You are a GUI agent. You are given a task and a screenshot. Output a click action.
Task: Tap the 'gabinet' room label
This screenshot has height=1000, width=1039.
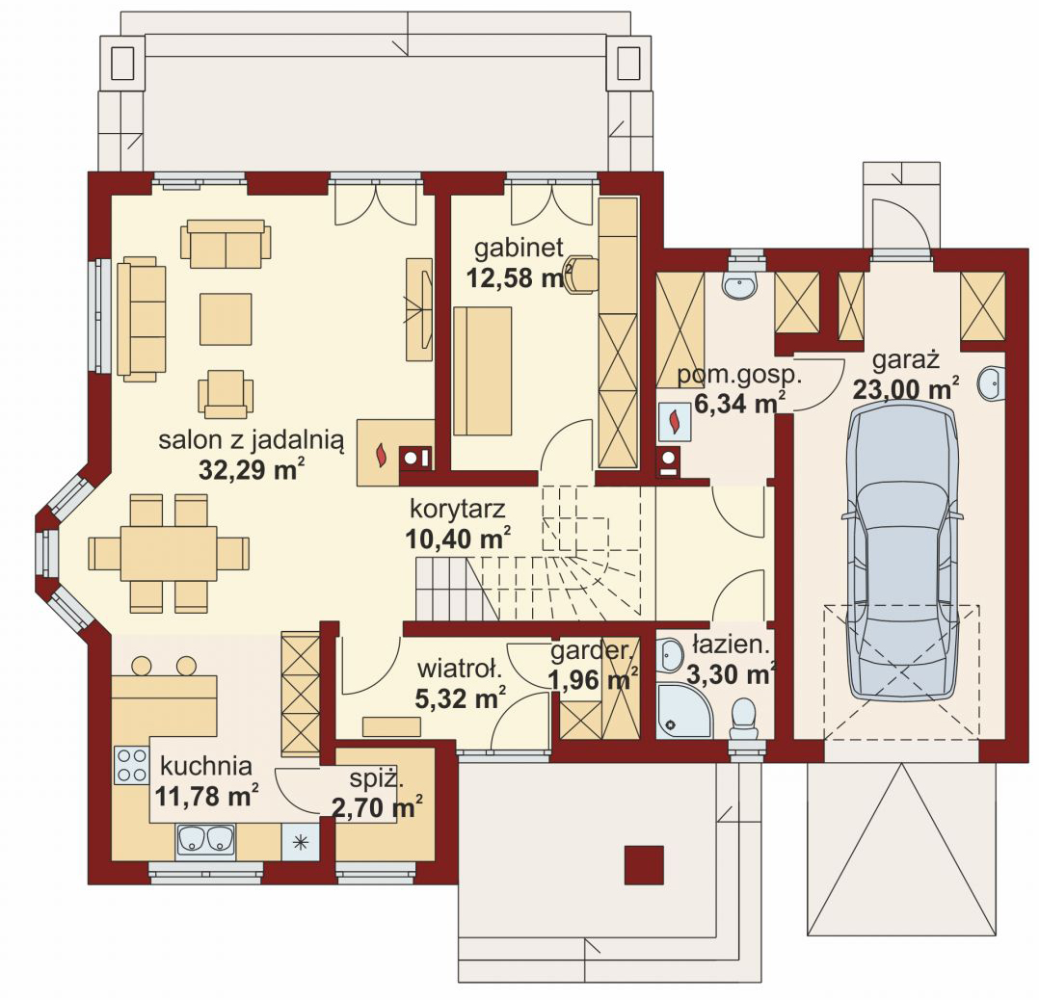(519, 249)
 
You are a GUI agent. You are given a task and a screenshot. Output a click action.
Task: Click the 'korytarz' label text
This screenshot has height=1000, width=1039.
(458, 509)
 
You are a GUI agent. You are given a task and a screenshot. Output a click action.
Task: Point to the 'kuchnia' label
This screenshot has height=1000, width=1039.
(206, 766)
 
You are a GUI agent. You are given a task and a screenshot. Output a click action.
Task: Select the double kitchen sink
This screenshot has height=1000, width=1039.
(205, 840)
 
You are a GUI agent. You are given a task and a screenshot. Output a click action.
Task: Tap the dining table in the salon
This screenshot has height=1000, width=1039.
(169, 553)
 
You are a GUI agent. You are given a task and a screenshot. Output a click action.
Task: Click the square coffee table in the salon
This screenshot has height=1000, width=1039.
(226, 319)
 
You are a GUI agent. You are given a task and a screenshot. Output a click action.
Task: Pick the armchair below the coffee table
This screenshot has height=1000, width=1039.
(226, 393)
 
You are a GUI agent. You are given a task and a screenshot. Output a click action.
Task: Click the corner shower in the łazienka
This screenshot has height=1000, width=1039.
(685, 711)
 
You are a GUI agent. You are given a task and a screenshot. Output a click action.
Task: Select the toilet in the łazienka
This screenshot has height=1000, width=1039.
(745, 720)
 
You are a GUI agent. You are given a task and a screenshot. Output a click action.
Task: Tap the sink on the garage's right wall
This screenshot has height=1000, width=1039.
(991, 382)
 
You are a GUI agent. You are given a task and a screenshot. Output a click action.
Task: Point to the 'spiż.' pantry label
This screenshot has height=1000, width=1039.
(376, 778)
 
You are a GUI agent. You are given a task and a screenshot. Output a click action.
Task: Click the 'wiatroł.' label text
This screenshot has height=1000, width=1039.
(460, 669)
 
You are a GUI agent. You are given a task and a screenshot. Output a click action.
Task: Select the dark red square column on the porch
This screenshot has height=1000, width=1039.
(644, 864)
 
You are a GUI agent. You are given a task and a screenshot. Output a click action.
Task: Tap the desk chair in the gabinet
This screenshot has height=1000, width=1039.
(581, 273)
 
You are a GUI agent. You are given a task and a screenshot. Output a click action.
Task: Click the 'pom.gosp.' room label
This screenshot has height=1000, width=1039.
(739, 376)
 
